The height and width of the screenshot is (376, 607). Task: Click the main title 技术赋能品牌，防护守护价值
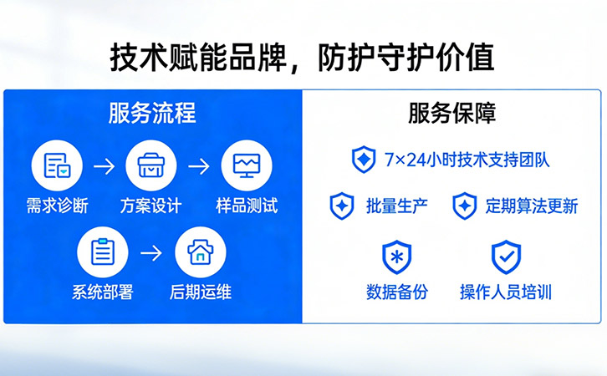pyautogui.click(x=302, y=58)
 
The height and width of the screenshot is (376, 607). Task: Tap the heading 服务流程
pyautogui.click(x=151, y=114)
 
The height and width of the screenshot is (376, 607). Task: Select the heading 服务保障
pyautogui.click(x=452, y=114)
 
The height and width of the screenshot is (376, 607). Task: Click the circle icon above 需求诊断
pyautogui.click(x=57, y=165)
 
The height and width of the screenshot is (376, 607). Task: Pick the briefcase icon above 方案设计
pyautogui.click(x=151, y=165)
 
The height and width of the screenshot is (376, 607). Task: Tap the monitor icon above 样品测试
pyautogui.click(x=246, y=165)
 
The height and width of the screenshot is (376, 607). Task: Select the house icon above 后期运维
pyautogui.click(x=200, y=252)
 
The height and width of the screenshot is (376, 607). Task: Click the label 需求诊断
pyautogui.click(x=57, y=206)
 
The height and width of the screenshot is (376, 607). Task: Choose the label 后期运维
pyautogui.click(x=201, y=292)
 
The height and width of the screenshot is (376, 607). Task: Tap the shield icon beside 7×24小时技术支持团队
pyautogui.click(x=364, y=159)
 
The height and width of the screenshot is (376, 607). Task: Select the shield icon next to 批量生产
pyautogui.click(x=342, y=206)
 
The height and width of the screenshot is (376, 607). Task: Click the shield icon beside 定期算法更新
pyautogui.click(x=465, y=206)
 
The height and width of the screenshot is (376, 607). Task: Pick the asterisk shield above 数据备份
pyautogui.click(x=396, y=257)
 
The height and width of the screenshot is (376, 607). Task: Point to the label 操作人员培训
pyautogui.click(x=505, y=292)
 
